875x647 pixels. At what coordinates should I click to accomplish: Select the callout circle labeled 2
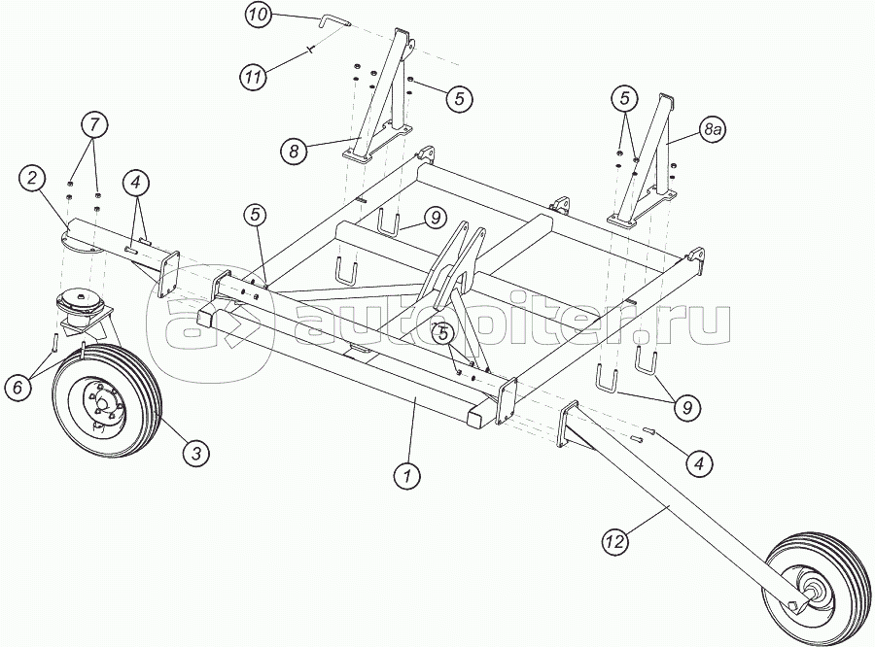pos(33,178)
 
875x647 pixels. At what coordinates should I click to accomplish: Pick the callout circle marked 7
pos(93,125)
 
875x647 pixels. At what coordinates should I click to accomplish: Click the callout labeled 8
pos(293,151)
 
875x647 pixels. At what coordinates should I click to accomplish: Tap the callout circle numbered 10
pos(257,17)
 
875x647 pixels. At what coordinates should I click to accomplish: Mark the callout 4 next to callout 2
pos(136,182)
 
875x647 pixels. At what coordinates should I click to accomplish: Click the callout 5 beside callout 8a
pos(625,97)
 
